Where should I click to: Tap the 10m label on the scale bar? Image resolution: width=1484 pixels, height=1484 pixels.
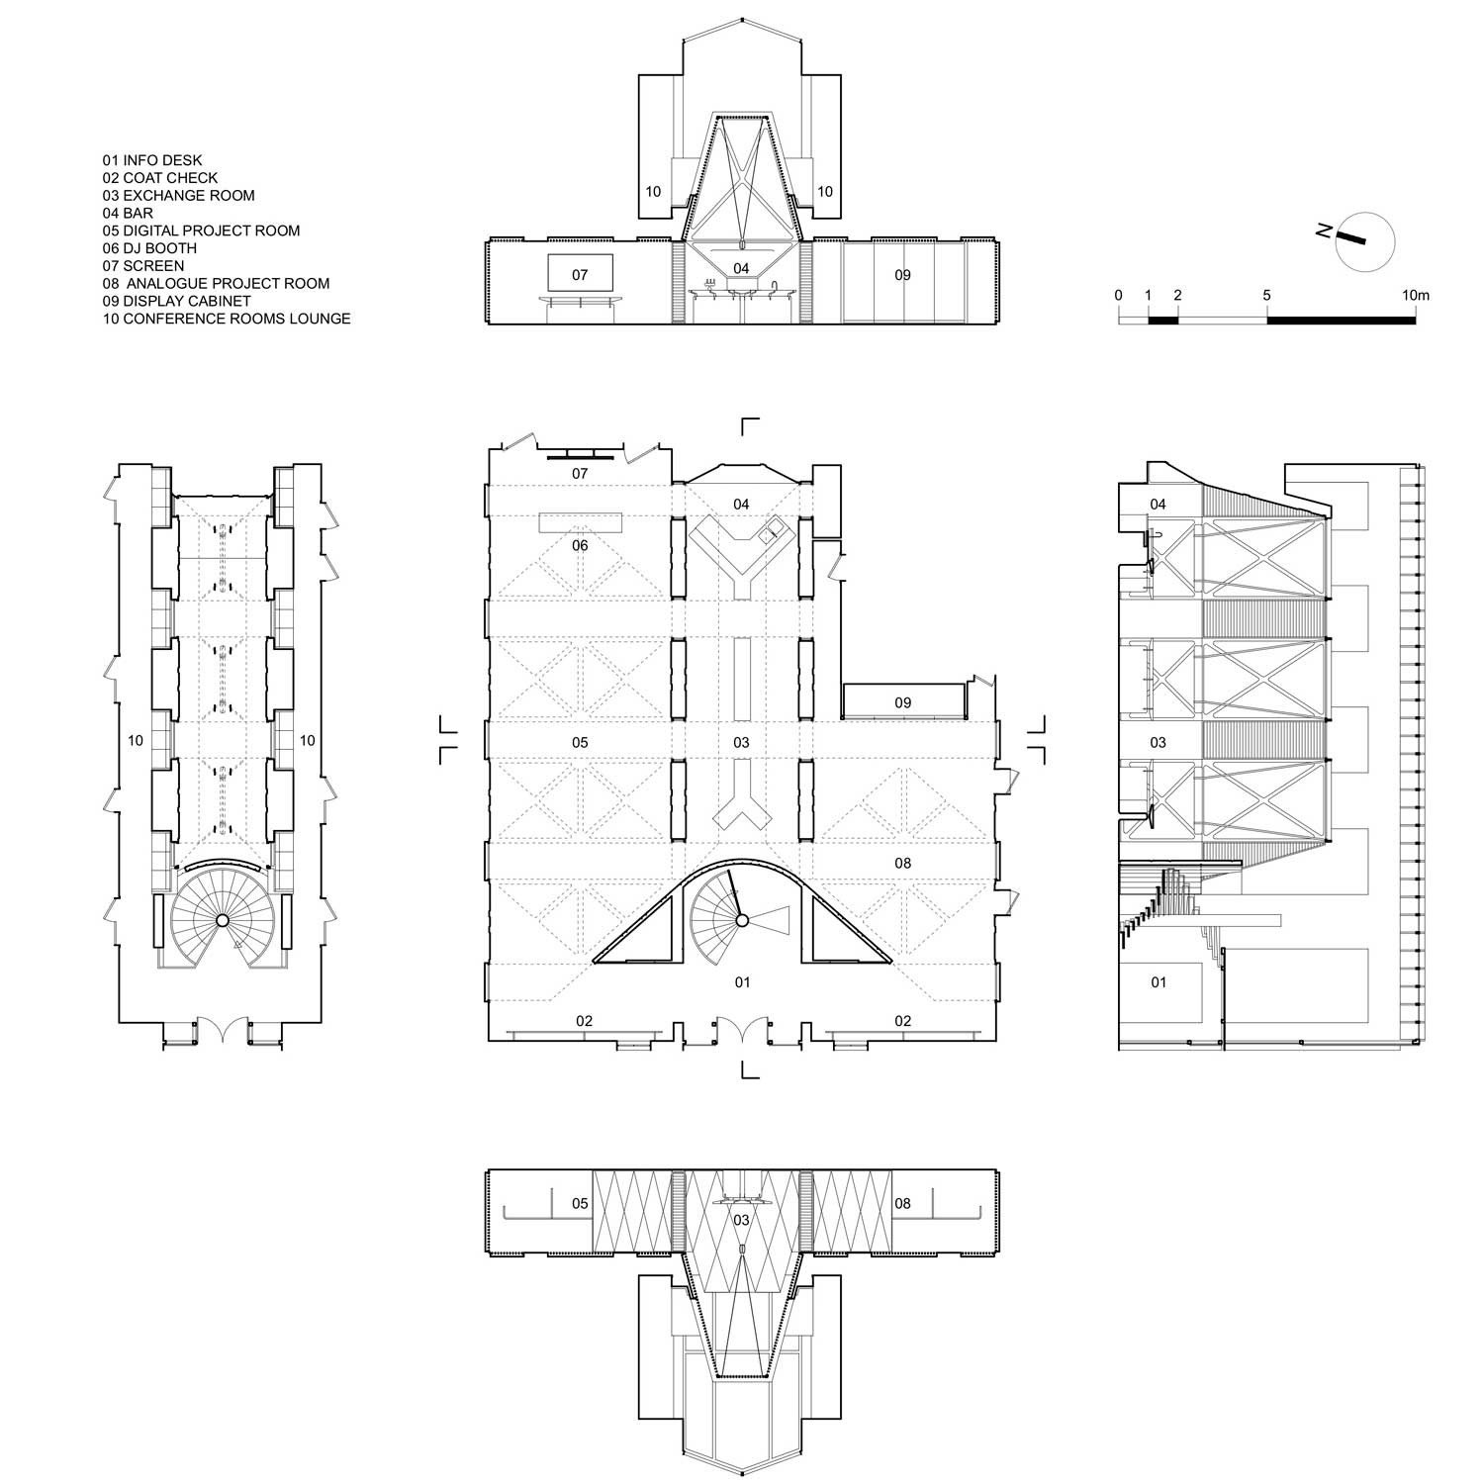click(1416, 295)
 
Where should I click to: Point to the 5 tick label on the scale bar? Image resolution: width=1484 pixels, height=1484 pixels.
click(1267, 295)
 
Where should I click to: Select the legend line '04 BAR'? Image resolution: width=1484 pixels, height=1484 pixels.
click(128, 213)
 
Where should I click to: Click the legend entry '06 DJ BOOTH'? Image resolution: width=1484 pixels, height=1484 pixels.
click(149, 248)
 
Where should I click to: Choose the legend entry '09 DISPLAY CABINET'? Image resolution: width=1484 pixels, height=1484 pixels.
click(177, 301)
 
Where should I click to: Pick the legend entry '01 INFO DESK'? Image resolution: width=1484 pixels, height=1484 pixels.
click(152, 160)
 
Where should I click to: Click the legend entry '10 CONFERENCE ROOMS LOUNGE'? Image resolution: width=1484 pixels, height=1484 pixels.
click(227, 319)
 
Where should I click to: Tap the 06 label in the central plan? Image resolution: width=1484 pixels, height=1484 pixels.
click(580, 545)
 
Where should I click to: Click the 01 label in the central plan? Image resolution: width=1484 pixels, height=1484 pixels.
click(742, 982)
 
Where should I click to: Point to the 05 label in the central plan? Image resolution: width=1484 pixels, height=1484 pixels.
click(580, 743)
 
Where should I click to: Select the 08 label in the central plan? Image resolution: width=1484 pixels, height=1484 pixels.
click(902, 864)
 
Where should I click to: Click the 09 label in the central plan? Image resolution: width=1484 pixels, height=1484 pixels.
click(902, 703)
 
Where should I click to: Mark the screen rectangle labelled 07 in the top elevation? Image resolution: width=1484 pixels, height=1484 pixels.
click(580, 275)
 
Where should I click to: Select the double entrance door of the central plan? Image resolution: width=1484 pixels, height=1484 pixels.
click(742, 1029)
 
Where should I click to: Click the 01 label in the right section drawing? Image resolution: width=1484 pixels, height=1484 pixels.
click(1158, 982)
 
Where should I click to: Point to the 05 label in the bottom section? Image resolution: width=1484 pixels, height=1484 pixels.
click(580, 1204)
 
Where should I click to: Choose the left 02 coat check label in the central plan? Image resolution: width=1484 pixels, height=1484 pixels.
click(584, 1021)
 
